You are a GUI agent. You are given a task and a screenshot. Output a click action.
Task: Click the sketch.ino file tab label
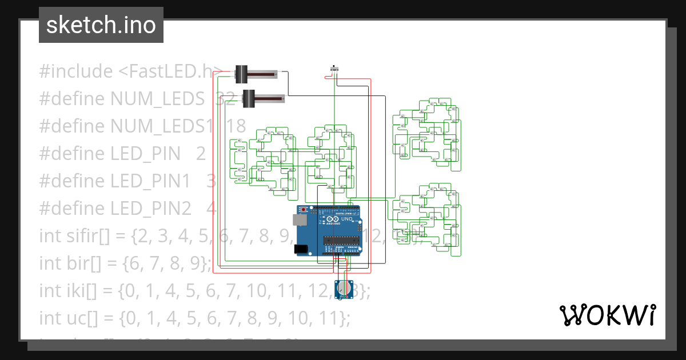101,25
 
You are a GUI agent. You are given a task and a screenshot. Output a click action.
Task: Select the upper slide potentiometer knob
241,74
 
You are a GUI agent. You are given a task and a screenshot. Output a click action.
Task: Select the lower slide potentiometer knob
249,98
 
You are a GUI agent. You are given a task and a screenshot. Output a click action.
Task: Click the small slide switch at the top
334,70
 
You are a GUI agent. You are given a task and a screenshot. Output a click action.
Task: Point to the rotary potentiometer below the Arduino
343,289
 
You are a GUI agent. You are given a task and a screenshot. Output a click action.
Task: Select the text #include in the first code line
76,71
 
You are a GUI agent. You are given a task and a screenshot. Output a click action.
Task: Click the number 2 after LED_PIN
200,153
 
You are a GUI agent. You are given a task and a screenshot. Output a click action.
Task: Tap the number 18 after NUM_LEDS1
236,126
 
